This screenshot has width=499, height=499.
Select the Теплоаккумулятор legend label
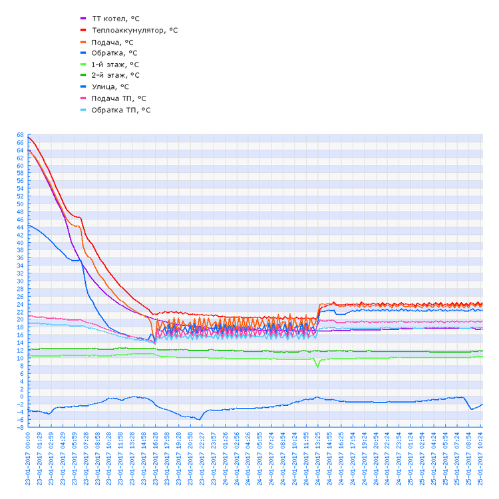(x=134, y=30)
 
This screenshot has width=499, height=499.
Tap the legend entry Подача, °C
(x=112, y=41)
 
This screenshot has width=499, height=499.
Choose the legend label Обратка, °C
(x=114, y=53)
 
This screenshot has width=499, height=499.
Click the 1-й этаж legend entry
(x=115, y=64)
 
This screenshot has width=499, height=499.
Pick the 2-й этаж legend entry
(x=115, y=75)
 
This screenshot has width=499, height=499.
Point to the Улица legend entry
(x=110, y=86)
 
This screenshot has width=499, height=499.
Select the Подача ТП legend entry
(x=118, y=98)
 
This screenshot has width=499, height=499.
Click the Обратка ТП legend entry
(x=120, y=109)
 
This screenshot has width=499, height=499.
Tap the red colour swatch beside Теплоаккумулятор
(x=83, y=30)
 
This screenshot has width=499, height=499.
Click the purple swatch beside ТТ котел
(x=83, y=19)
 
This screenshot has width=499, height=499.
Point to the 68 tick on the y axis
(x=20, y=135)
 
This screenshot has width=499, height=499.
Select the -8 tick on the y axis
(x=21, y=427)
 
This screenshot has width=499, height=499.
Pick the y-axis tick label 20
(x=20, y=319)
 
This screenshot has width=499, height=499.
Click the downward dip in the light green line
(x=317, y=366)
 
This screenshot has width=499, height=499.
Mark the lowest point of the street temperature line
(x=199, y=419)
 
